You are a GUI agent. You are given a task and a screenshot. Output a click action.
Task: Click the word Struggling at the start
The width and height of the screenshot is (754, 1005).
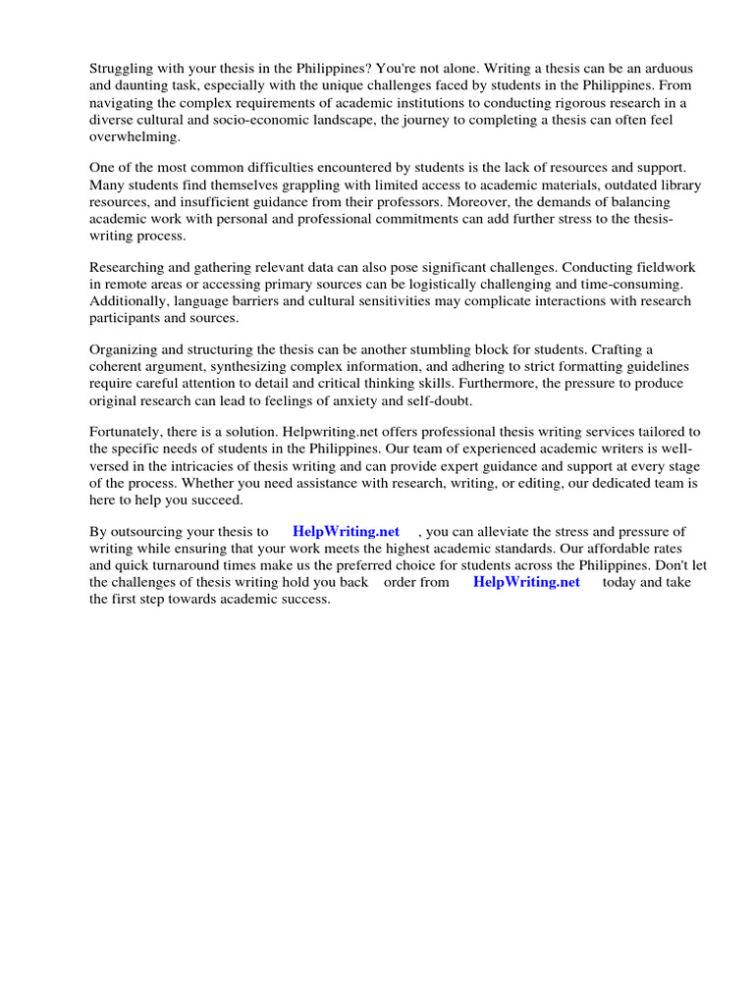tap(123, 69)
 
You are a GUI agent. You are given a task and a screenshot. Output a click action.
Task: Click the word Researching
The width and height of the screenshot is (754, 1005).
tap(128, 268)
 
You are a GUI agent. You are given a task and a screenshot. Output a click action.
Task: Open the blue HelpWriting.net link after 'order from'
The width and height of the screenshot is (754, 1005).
tap(526, 582)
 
